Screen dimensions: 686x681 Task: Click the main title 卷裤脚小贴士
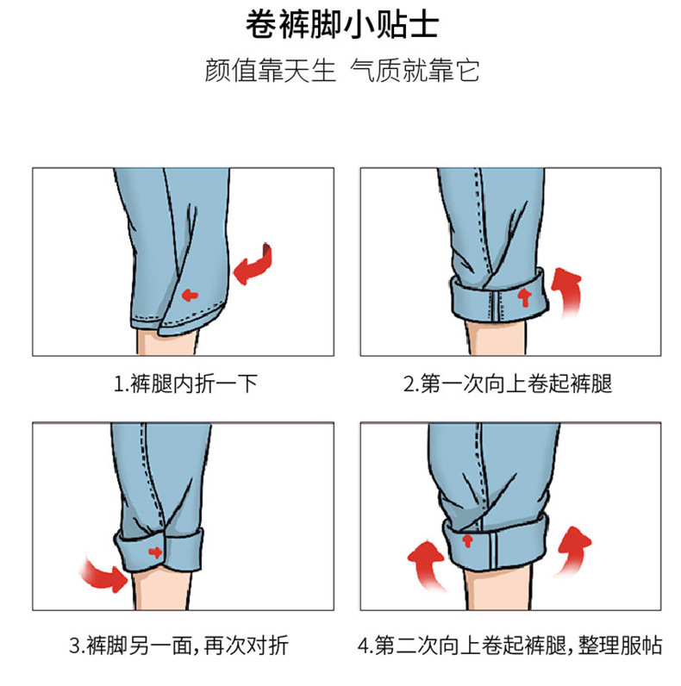[341, 24]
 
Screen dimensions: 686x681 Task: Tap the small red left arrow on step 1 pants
[190, 295]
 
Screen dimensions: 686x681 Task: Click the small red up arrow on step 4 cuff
[467, 540]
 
